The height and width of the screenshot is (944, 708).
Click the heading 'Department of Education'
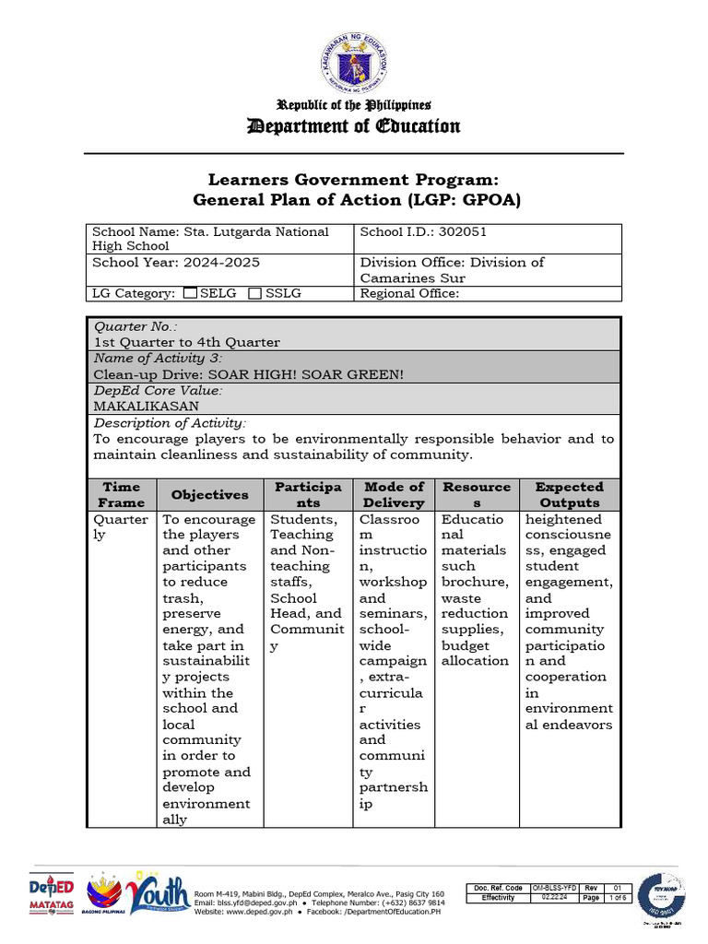click(x=354, y=125)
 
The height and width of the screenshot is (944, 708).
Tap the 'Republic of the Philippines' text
click(x=354, y=105)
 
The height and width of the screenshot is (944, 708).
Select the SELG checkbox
click(x=189, y=293)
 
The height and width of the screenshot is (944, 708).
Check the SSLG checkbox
click(x=257, y=293)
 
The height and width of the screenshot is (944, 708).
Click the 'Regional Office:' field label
click(x=409, y=293)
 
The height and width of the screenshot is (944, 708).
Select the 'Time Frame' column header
click(x=122, y=494)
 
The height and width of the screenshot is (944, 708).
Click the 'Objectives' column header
click(x=209, y=494)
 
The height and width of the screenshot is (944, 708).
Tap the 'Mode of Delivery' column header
click(x=394, y=494)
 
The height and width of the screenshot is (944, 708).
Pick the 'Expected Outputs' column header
click(x=569, y=494)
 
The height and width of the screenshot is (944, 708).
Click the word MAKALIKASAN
click(x=146, y=406)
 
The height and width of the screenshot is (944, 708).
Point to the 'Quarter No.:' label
click(x=136, y=326)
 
